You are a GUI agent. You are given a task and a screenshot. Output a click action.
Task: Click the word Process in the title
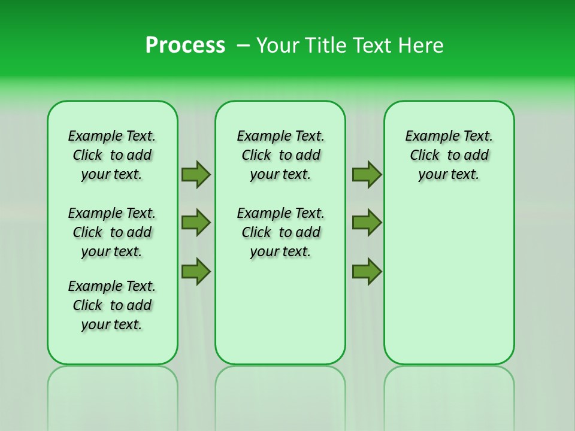[x=185, y=45]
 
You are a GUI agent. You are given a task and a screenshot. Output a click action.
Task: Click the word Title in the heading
[x=325, y=45]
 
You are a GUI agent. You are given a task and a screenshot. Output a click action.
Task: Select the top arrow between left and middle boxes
[x=196, y=174]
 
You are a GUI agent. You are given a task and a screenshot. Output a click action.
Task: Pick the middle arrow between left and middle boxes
[x=196, y=223]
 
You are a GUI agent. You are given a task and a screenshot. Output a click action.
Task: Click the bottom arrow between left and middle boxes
[x=196, y=272]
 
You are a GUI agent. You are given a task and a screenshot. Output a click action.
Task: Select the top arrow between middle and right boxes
[x=367, y=174]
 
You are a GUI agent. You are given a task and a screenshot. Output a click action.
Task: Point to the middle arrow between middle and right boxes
[x=367, y=223]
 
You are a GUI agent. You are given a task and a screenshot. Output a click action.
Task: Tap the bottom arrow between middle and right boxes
[x=367, y=272]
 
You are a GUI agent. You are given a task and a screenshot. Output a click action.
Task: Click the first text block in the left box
[x=112, y=155]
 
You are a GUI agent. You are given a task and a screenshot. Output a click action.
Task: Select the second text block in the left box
[x=112, y=232]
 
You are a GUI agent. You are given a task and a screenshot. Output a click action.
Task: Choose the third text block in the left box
[x=112, y=305]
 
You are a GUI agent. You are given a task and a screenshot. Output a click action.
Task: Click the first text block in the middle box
[x=280, y=155]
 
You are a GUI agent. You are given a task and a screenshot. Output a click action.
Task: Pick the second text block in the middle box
[x=280, y=232]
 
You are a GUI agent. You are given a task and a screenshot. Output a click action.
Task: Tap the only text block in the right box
[x=449, y=155]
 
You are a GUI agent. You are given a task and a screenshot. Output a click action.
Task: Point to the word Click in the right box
[x=425, y=156]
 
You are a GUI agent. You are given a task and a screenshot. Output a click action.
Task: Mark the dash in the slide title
[x=243, y=45]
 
